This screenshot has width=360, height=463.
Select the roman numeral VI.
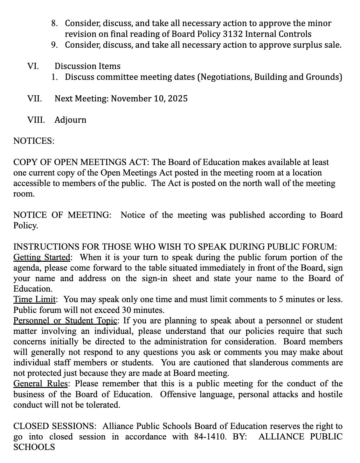33,66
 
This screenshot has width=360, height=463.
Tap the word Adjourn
70,120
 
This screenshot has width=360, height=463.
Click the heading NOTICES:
34,141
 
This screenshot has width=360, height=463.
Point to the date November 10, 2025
149,99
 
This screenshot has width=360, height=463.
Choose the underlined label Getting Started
42,257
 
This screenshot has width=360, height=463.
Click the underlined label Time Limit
35,300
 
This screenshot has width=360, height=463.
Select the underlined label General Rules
40,384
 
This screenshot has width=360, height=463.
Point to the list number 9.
54,45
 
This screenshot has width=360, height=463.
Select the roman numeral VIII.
36,120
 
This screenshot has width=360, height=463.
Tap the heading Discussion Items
87,66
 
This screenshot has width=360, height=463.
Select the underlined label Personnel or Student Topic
66,321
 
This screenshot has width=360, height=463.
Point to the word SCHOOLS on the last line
34,447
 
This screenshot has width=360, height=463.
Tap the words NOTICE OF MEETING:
62,215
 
